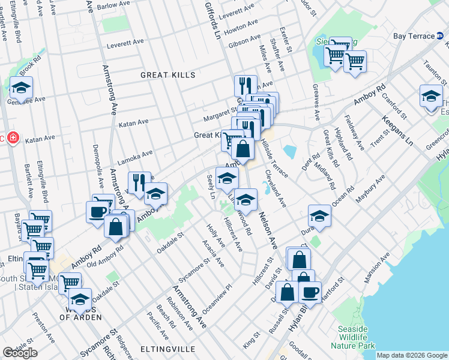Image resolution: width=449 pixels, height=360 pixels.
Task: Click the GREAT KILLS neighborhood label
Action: tap(168, 75)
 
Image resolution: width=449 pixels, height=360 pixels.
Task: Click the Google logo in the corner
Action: tap(20, 353)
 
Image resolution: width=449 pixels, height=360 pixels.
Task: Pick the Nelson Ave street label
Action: tap(267, 231)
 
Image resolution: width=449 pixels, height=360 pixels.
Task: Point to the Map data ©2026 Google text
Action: tap(412, 355)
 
